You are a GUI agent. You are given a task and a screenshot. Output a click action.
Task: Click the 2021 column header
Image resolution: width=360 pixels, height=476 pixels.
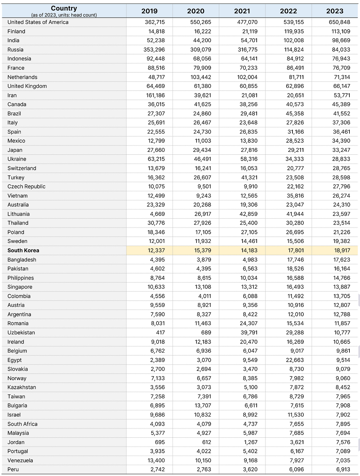pyautogui.click(x=242, y=11)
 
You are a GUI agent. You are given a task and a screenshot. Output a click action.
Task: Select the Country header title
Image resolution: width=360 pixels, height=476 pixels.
pyautogui.click(x=64, y=8)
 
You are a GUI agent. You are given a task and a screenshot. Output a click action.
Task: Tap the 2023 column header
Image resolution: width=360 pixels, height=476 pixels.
pyautogui.click(x=334, y=11)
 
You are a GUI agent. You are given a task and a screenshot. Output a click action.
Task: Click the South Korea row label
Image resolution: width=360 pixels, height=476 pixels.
pyautogui.click(x=23, y=250)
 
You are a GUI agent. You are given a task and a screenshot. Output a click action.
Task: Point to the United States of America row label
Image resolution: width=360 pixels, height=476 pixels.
pyautogui.click(x=38, y=22)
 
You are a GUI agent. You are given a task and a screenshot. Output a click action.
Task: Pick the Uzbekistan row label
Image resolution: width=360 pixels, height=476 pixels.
pyautogui.click(x=21, y=333)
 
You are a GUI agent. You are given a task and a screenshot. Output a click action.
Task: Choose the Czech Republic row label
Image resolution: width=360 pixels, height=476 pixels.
pyautogui.click(x=26, y=186)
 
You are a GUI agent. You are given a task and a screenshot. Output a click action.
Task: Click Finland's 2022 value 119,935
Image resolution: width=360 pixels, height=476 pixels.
pyautogui.click(x=294, y=31)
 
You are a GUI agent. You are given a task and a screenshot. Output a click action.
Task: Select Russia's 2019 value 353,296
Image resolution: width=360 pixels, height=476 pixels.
pyautogui.click(x=154, y=50)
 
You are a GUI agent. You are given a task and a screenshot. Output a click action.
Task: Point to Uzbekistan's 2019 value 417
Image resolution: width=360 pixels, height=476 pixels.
pyautogui.click(x=160, y=333)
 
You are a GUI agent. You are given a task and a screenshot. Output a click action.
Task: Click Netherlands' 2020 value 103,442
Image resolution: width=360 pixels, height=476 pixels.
pyautogui.click(x=200, y=77)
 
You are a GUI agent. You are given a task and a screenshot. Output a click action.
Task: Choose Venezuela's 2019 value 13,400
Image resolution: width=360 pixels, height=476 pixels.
pyautogui.click(x=156, y=460)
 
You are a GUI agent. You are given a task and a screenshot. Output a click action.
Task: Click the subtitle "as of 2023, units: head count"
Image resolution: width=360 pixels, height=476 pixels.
pyautogui.click(x=64, y=15)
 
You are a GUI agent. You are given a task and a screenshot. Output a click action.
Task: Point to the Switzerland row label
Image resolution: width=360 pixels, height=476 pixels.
pyautogui.click(x=22, y=168)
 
